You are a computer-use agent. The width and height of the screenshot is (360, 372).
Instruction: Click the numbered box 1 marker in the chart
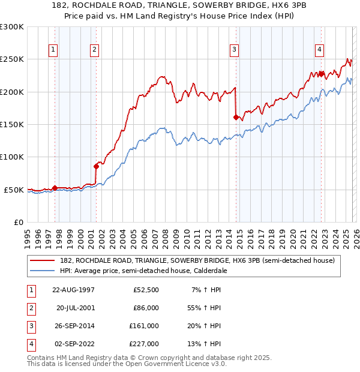[54, 50]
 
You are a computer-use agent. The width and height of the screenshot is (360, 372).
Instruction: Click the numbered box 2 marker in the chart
[95, 50]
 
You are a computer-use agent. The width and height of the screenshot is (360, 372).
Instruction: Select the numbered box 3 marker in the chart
[235, 50]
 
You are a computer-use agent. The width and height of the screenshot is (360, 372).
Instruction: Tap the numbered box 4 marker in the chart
[320, 50]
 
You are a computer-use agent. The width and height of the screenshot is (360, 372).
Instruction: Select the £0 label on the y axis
[18, 222]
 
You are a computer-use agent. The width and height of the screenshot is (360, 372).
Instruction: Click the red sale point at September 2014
[236, 117]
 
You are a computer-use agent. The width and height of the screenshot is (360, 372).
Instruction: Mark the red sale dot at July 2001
[96, 166]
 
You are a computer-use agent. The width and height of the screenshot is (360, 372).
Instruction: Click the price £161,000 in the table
[144, 326]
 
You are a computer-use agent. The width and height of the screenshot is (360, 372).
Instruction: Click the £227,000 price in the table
[144, 344]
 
